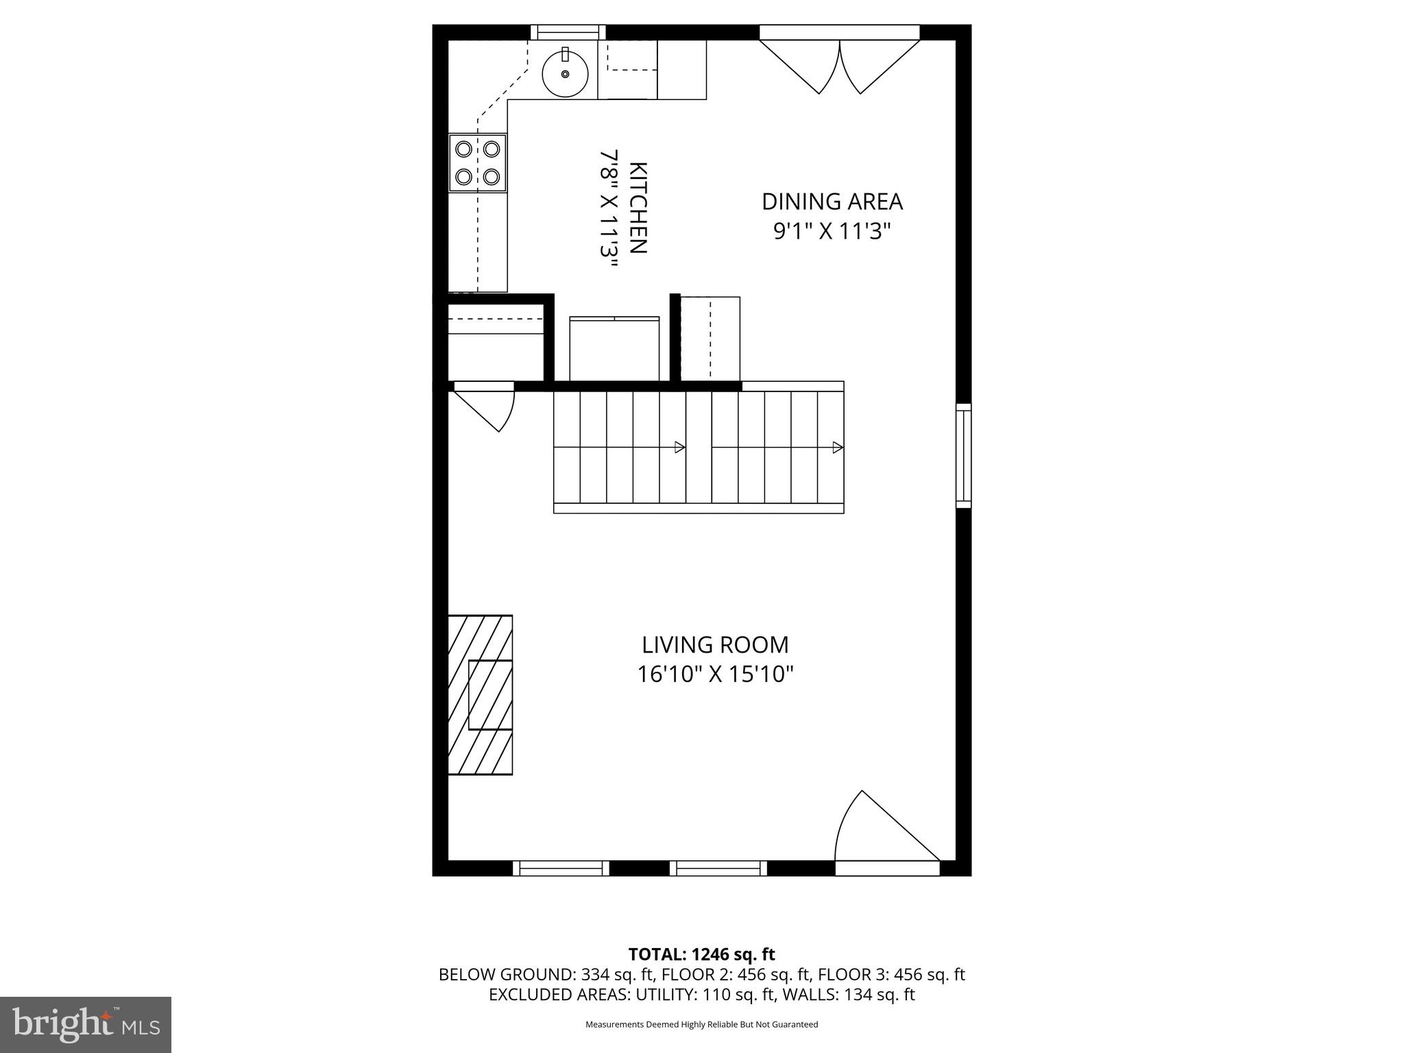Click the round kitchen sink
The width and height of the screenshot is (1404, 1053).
[566, 73]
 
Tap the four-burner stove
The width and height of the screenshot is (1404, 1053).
[478, 162]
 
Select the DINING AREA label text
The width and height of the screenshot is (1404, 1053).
[832, 202]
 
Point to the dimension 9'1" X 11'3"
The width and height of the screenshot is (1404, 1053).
[832, 232]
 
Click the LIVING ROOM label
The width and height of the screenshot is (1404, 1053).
[715, 645]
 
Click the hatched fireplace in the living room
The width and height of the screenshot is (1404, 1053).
[480, 694]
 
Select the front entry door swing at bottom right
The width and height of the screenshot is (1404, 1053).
[884, 833]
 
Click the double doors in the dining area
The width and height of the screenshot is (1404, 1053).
[840, 65]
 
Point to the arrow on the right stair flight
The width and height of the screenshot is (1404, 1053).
[837, 448]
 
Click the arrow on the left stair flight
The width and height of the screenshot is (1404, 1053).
[679, 448]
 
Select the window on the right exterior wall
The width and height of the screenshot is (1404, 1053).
[963, 456]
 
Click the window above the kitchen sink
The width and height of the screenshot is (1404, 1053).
[568, 32]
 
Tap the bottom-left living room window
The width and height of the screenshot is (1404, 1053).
[561, 868]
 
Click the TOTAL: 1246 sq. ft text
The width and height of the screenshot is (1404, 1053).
[701, 954]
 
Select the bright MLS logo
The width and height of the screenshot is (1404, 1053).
[86, 1024]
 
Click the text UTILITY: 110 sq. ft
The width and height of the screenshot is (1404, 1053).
[703, 994]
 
